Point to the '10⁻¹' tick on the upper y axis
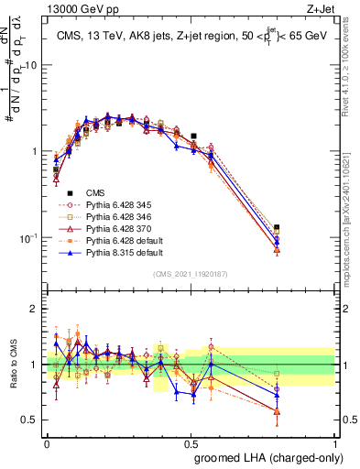pyautogui.click(x=30, y=238)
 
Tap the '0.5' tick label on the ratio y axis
pyautogui.click(x=31, y=420)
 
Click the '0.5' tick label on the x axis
pyautogui.click(x=191, y=443)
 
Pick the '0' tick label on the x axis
pyautogui.click(x=47, y=443)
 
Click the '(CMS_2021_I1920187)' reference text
pyautogui.click(x=191, y=274)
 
